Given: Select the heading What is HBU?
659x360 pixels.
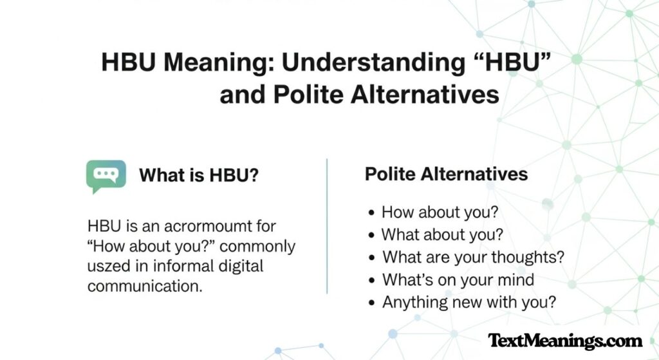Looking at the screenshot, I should tap(200, 176).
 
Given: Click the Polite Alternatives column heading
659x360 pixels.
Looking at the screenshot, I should tap(446, 174).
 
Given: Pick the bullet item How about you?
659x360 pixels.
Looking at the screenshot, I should tap(440, 212).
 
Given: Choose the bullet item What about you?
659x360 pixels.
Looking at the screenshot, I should tap(442, 234).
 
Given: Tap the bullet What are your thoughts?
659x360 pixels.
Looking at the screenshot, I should tap(473, 257).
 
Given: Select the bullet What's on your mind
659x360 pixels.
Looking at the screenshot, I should tap(458, 279).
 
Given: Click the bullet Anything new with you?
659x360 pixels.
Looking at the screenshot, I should tap(469, 301).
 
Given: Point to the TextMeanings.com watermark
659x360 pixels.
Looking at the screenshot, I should tap(565, 341).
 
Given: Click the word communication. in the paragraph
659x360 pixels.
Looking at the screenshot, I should tap(145, 286).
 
